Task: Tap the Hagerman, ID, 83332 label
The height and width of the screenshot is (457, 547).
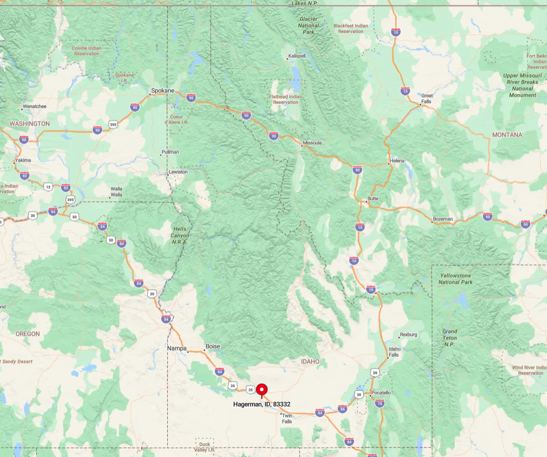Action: (262, 404)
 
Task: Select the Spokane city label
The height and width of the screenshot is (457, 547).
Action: (163, 91)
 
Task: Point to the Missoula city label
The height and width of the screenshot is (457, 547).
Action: (312, 143)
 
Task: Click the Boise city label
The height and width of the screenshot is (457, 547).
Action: (213, 346)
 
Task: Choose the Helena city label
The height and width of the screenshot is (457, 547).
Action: (397, 160)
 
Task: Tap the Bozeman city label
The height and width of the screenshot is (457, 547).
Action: (443, 219)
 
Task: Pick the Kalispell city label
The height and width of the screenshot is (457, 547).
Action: (296, 56)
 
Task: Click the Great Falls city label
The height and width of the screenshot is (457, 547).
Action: (427, 99)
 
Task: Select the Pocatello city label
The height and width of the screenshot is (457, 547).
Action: (381, 393)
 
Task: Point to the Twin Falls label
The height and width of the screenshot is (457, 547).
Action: (287, 418)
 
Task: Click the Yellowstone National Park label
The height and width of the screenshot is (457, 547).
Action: (455, 279)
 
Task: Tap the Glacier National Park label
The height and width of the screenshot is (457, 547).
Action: (308, 25)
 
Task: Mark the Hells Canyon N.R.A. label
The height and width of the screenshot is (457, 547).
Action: (180, 236)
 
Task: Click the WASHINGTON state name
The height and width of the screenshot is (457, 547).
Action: (29, 124)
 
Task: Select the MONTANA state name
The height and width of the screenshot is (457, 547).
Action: (507, 135)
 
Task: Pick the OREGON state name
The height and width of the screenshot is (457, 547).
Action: (27, 334)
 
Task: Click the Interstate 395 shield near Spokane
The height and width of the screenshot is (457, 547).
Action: (113, 124)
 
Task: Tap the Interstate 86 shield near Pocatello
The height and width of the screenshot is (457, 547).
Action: (342, 409)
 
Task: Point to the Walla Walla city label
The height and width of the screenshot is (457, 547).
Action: (116, 192)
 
